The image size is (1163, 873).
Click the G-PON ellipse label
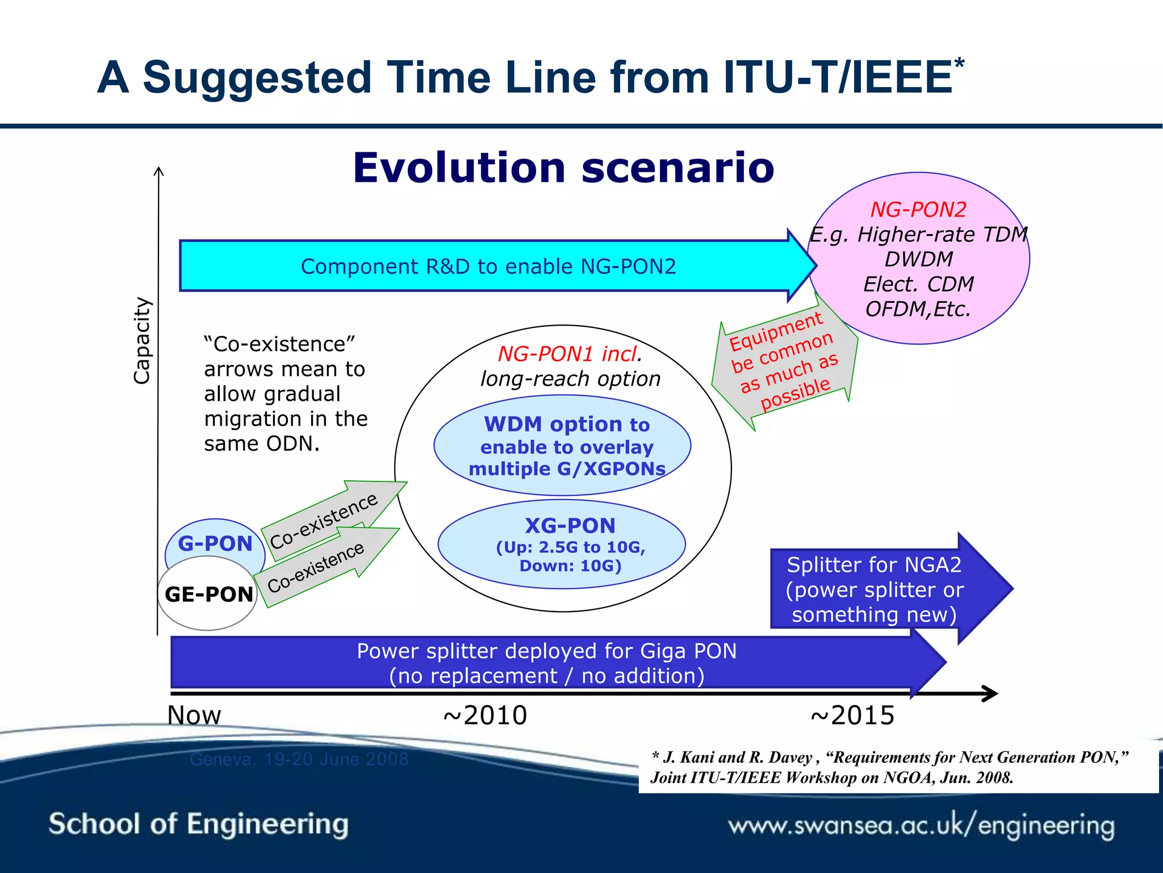coord(215,543)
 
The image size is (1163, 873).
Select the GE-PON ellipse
coord(208,594)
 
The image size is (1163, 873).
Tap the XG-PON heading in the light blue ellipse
coord(570,526)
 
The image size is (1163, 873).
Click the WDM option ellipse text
coord(566,446)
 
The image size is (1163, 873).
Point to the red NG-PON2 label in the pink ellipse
coord(918,210)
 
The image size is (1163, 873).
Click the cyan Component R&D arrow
coord(488,266)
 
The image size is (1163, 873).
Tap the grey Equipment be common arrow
coord(784,364)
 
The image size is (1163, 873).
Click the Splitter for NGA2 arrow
coord(875,589)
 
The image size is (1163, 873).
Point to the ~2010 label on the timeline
coord(485,715)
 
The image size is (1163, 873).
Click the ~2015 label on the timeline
coord(852,715)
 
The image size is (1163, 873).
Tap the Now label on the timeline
coord(194,715)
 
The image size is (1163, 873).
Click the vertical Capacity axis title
coord(143,341)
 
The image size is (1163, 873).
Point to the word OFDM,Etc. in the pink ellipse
coord(918,309)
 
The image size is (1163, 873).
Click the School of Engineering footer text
coord(198,824)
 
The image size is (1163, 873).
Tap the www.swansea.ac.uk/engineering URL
coord(921,825)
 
